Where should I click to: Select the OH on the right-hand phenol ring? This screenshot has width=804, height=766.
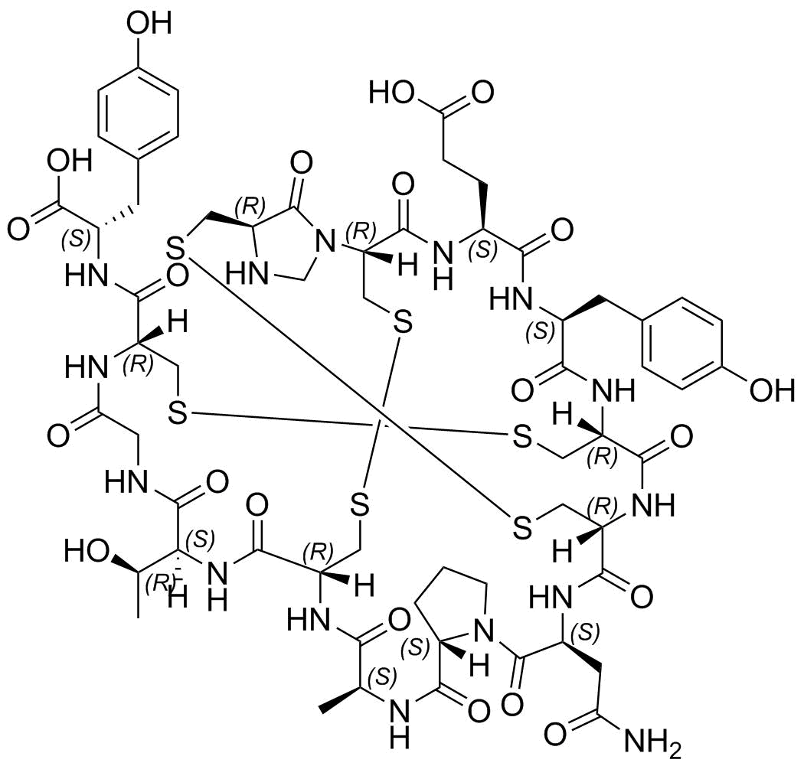coord(772,390)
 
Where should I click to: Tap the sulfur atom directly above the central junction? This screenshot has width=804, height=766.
coord(403,324)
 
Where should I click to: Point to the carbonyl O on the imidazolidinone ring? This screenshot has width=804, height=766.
coord(302,165)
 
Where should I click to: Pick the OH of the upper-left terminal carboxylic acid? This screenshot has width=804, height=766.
coord(69,161)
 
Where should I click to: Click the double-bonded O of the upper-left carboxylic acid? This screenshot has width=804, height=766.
coord(18,230)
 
